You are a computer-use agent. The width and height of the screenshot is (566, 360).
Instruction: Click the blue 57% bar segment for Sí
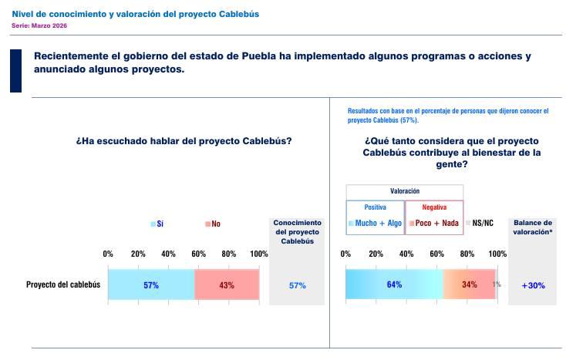(151, 284)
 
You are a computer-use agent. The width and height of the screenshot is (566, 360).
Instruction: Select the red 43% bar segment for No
(227, 284)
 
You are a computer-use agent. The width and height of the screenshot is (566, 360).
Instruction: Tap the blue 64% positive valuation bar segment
(394, 284)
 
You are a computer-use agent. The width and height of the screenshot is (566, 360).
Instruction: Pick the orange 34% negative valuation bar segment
(469, 284)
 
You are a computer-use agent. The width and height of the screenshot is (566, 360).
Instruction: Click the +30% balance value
(533, 285)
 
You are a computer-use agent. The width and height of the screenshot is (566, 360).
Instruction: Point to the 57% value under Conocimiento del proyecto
(297, 285)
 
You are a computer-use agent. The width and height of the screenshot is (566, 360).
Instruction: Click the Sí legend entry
(157, 224)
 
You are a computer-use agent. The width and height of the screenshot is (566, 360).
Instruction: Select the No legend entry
(212, 224)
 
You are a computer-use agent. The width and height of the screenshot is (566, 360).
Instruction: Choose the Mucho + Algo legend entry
(375, 224)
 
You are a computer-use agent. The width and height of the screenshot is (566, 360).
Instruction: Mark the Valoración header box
(404, 190)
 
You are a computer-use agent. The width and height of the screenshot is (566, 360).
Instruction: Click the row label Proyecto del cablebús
(63, 284)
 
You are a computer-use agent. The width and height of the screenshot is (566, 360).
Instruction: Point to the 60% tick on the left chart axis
(198, 254)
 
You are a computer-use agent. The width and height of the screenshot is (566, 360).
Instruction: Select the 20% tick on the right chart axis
(376, 254)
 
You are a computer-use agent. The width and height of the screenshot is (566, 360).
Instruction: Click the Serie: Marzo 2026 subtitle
(39, 25)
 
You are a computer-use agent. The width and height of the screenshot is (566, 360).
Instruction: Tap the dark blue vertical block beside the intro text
(15, 70)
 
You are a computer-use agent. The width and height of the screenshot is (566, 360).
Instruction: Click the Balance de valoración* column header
(533, 227)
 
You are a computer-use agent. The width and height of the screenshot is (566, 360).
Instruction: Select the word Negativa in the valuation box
(434, 207)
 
